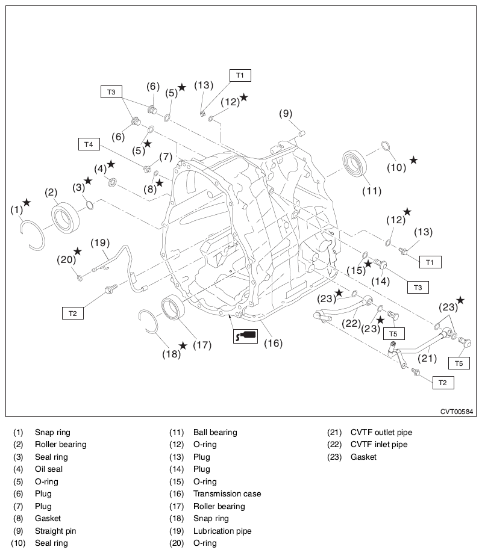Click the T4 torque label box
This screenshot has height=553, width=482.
[x=89, y=144]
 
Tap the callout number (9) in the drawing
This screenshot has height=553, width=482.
[x=286, y=113]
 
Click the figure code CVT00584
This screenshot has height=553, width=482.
[x=457, y=412]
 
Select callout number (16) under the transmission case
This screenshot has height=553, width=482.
[x=273, y=344]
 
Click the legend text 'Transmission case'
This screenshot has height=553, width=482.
[x=227, y=493]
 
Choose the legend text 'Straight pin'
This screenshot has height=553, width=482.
[x=55, y=531]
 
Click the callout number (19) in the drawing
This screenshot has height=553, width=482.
[x=99, y=243]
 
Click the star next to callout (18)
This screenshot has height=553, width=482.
[x=183, y=345]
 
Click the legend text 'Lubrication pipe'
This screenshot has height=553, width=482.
[x=222, y=531]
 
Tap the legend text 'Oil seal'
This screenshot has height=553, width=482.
[x=49, y=469]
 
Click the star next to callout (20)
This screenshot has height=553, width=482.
[x=77, y=251]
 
